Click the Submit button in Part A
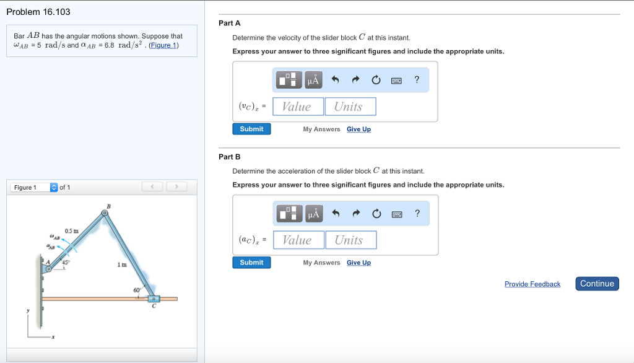251,129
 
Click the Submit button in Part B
251,263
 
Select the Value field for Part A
298,107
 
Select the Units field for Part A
350,107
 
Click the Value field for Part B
298,240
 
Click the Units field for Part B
350,240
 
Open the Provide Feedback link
532,284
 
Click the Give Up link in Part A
358,129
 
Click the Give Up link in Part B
358,263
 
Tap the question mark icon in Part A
417,79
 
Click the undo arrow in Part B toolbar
336,214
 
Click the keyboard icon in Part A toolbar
396,80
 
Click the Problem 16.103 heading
38,12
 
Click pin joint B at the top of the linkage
105,213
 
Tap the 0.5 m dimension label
71,231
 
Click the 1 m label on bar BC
122,265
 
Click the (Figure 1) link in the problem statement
163,45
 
